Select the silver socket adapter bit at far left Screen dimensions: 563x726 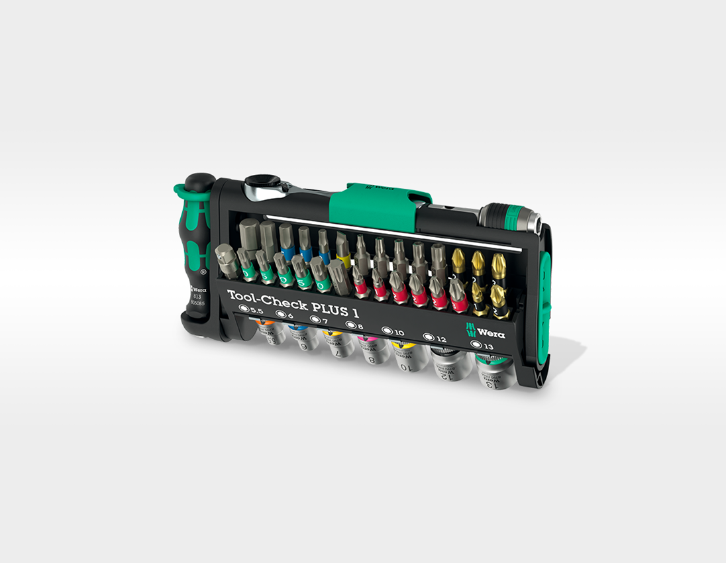[x=227, y=260]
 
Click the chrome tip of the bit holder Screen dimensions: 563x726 [x=533, y=221]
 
